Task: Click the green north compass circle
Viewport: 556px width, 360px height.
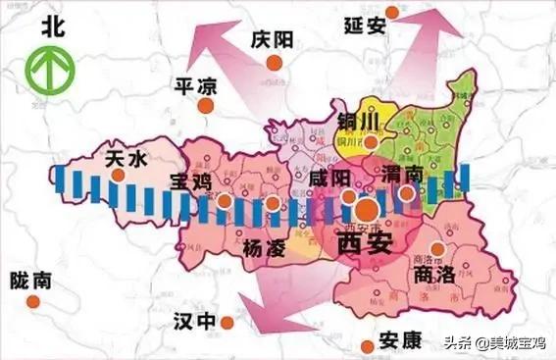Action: click(46, 72)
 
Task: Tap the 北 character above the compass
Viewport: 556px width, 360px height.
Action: click(46, 29)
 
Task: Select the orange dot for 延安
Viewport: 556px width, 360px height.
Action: click(392, 13)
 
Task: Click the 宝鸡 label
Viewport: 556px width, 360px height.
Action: click(192, 181)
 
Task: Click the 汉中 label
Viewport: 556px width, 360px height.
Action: click(193, 321)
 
